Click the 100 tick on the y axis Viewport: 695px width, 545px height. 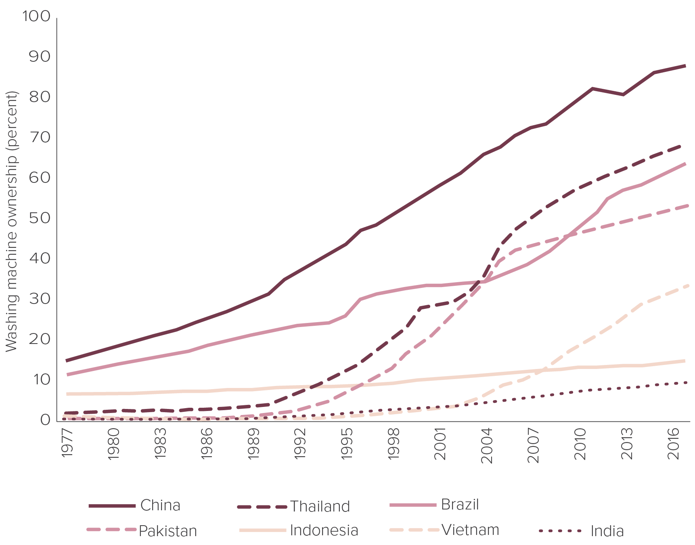click(36, 17)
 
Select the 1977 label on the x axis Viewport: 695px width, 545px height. click(67, 443)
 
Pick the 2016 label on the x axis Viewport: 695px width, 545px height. click(673, 443)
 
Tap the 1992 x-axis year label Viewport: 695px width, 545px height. click(300, 443)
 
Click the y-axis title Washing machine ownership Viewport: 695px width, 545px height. click(12, 221)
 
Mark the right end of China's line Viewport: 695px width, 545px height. click(685, 65)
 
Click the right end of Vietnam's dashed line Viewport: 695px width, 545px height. click(688, 285)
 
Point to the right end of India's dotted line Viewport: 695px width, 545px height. click(686, 382)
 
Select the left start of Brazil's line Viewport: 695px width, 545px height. click(67, 375)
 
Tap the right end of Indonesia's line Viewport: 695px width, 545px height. click(685, 361)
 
